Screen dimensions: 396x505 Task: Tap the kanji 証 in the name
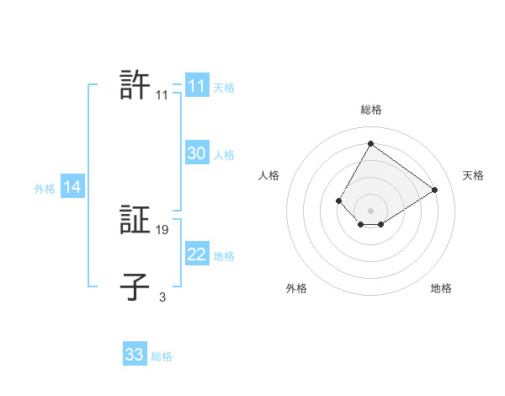(135, 221)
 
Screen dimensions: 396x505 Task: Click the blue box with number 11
(196, 86)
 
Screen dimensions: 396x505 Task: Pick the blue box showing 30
(196, 153)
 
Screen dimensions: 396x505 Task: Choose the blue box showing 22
(196, 254)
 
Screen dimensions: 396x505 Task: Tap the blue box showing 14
(72, 187)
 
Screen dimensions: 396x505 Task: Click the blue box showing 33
(135, 355)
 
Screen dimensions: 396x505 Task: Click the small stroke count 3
(162, 297)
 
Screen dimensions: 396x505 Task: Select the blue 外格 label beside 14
(45, 189)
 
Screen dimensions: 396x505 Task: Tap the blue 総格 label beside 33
(162, 356)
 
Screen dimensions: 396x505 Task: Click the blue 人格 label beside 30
(224, 155)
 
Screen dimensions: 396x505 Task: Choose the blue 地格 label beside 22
(224, 256)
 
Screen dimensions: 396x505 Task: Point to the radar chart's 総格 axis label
(370, 110)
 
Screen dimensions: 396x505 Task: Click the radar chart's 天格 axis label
(473, 175)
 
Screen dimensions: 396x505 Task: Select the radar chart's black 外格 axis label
(296, 288)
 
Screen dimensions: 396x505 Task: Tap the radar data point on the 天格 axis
(435, 190)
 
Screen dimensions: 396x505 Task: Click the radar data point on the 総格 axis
(370, 143)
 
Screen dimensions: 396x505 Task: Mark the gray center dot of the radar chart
(370, 210)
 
